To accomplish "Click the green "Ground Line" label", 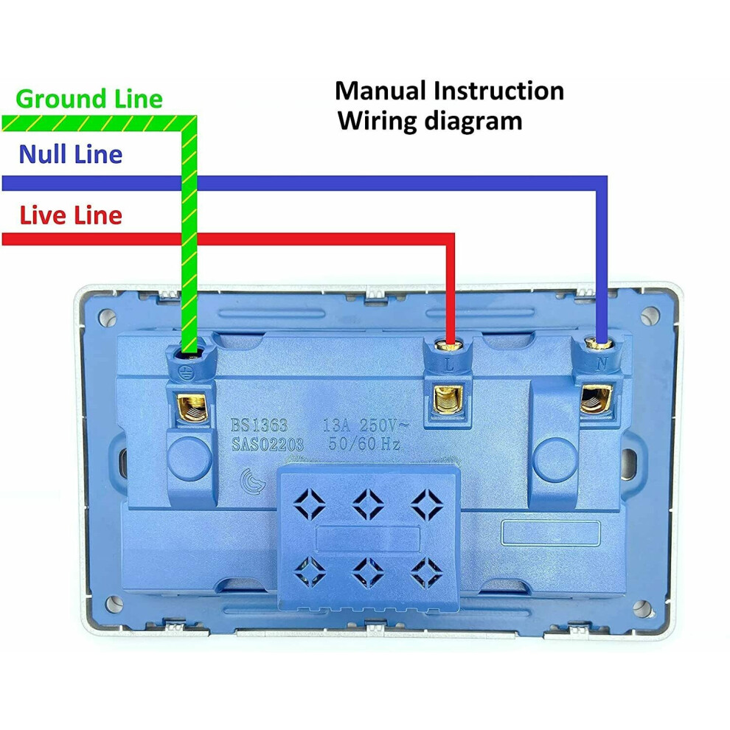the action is pos(89,99).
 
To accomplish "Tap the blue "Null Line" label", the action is pos(71,154).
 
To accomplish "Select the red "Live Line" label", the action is pos(71,215).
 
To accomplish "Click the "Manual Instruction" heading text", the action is pos(449,90).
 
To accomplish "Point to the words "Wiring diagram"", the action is pos(430,121).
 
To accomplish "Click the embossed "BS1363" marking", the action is pos(260,425).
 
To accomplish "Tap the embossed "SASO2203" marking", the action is pos(268,445).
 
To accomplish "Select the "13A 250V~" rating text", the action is pos(366,425).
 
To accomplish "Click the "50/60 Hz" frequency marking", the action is pos(364,443).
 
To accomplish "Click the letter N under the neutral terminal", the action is pos(602,364).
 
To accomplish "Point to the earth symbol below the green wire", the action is pos(187,372).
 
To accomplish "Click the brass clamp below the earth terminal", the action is pos(191,407).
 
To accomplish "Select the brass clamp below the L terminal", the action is pos(448,400).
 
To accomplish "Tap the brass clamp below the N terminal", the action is pos(596,398).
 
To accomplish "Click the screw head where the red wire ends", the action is pos(448,345).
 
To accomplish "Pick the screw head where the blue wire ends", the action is pos(598,344).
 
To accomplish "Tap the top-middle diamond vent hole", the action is pos(368,504).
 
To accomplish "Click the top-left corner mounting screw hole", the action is pos(108,318).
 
